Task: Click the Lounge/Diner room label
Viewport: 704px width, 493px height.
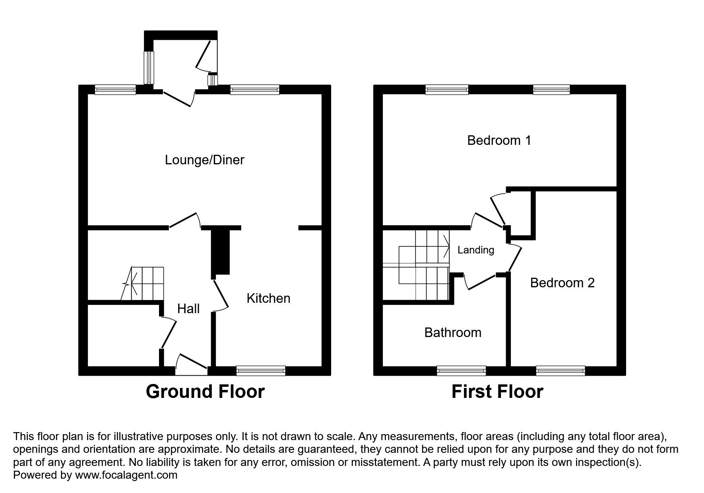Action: [x=204, y=160]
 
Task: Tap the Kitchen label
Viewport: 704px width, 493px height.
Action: [x=268, y=298]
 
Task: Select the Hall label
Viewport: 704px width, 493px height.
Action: [x=188, y=309]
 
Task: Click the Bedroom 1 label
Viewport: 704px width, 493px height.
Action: [x=499, y=140]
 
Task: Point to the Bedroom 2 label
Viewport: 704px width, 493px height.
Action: [x=562, y=283]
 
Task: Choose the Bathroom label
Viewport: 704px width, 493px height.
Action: [x=453, y=333]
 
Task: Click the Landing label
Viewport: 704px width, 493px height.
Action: [x=475, y=250]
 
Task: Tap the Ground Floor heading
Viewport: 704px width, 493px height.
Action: [x=205, y=392]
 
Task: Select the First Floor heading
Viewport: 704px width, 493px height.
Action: [x=497, y=392]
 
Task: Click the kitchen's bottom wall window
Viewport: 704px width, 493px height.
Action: [x=261, y=371]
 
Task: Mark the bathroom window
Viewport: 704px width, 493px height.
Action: [x=461, y=371]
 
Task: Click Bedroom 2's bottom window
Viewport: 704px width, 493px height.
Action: [x=560, y=371]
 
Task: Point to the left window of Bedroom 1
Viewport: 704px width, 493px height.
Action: [x=447, y=90]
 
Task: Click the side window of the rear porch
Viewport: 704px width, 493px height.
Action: [x=149, y=67]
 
